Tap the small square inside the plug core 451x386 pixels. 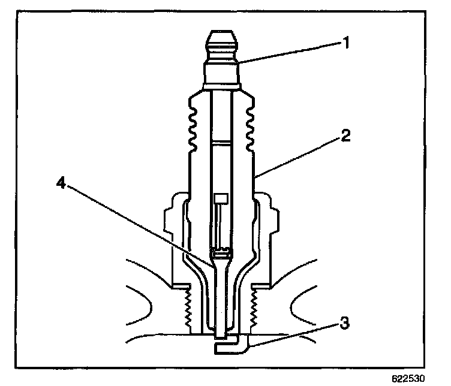(x=220, y=198)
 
